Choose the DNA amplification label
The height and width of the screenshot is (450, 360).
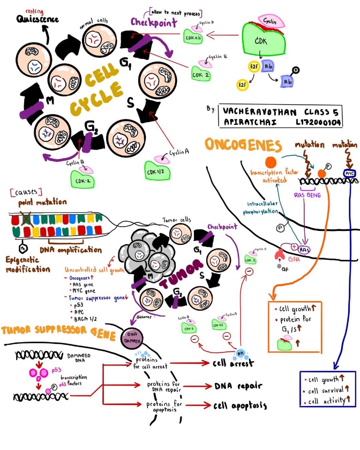70,249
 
